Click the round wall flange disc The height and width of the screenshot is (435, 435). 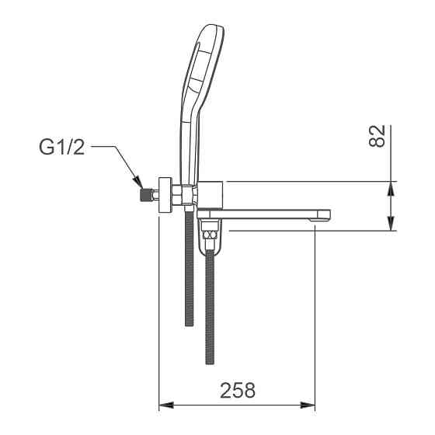tap(165, 193)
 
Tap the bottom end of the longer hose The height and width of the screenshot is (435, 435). tap(209, 360)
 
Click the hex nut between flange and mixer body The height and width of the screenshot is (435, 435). tap(180, 193)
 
